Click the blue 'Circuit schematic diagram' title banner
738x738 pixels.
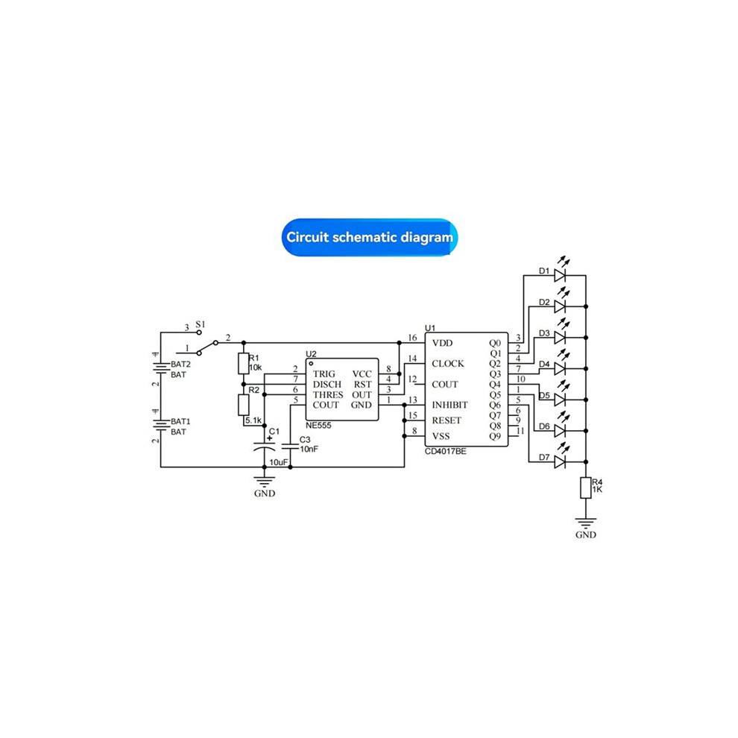tap(370, 237)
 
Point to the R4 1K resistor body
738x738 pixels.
tap(585, 488)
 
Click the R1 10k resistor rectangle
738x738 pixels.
tap(243, 363)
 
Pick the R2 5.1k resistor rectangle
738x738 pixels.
tap(243, 405)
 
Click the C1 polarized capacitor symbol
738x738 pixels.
tap(265, 447)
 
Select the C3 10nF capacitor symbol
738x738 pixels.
tap(290, 447)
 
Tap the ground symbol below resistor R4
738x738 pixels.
tap(585, 523)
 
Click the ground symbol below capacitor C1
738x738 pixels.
tap(265, 481)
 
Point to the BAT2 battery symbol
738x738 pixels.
tap(161, 368)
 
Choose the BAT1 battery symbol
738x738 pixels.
tap(161, 425)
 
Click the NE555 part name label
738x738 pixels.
tap(318, 426)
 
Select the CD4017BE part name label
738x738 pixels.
tap(446, 451)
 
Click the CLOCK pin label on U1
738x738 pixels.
tap(447, 364)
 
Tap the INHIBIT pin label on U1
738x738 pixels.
tap(450, 406)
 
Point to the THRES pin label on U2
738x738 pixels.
tap(328, 395)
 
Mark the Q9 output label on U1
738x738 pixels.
tap(495, 436)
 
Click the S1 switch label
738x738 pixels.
tap(201, 324)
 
